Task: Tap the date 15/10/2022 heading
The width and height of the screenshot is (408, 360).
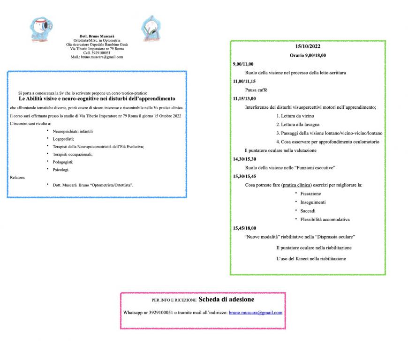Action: point(308,46)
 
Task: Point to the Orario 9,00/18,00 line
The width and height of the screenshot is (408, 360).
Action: point(308,55)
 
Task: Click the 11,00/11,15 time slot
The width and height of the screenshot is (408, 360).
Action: point(244,81)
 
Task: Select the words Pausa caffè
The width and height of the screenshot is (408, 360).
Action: point(256,90)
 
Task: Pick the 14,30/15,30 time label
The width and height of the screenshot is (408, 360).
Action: point(244,159)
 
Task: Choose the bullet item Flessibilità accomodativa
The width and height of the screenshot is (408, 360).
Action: point(325,219)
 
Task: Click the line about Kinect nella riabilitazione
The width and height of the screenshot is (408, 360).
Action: point(311,259)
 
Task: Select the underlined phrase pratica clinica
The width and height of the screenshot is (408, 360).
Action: point(296,185)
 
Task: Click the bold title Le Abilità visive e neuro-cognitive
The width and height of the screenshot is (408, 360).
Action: point(97,99)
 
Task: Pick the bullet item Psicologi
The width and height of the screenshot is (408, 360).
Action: point(61,169)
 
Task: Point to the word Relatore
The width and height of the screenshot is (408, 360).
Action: point(18,177)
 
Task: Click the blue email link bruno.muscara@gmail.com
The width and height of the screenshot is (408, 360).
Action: point(256,312)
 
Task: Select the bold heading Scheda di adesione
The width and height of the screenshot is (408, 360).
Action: point(227,299)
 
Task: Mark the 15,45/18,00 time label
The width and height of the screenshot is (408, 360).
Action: point(244,228)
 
